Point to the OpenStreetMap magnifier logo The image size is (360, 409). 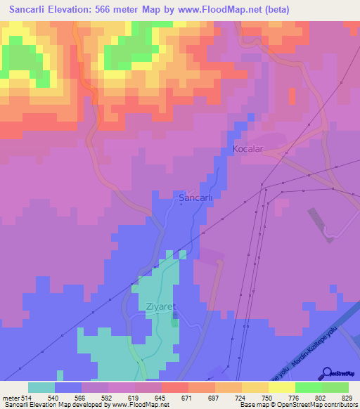point(328,372)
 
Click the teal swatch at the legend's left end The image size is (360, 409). point(41,387)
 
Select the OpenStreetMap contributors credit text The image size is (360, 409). point(321,405)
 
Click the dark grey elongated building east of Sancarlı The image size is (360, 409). point(321,224)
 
